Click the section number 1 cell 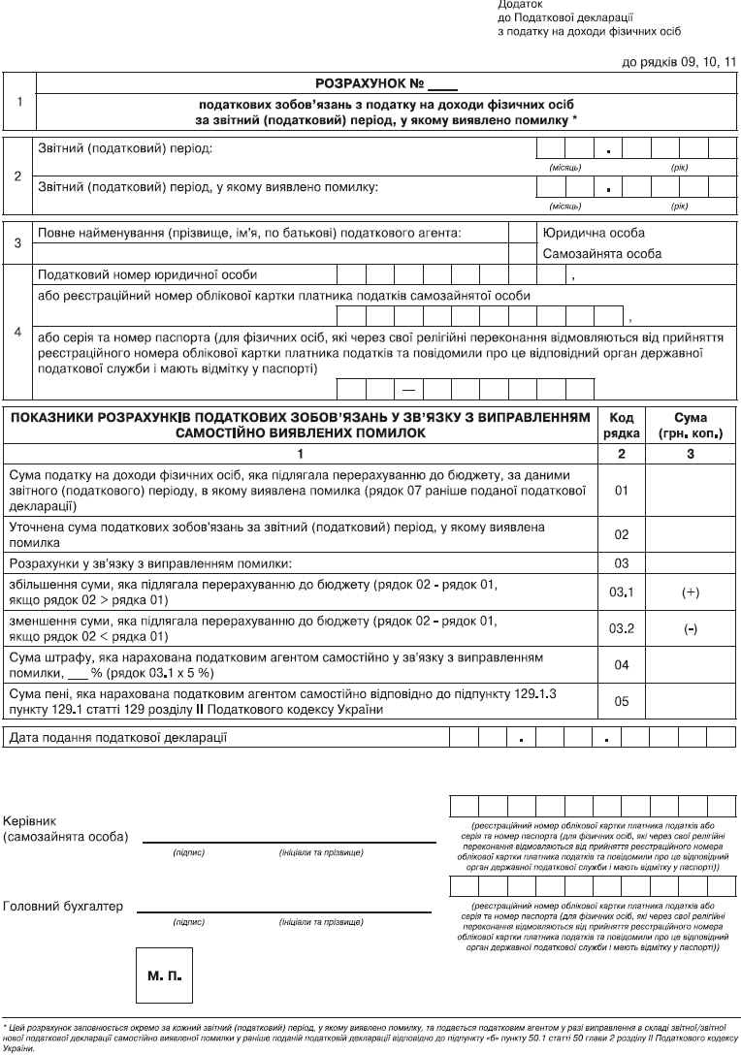(x=18, y=102)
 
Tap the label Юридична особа (x=594, y=233)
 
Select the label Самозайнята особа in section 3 (x=601, y=254)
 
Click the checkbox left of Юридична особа (x=522, y=233)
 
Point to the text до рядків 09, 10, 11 (x=679, y=61)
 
